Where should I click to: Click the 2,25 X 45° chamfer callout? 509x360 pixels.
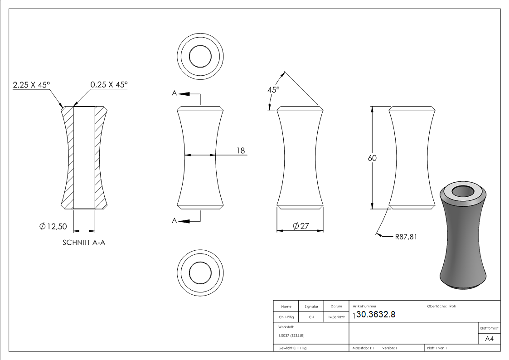point(31,85)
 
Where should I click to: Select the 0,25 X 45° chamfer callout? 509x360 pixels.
point(109,85)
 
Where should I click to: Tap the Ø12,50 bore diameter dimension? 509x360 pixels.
point(54,226)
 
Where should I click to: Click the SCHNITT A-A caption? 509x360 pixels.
point(84,243)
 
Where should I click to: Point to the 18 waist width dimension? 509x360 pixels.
point(240,150)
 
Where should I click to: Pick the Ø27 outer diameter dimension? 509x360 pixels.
point(300,226)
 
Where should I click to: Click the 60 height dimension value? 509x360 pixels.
point(372,158)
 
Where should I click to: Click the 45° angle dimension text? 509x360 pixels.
point(273,89)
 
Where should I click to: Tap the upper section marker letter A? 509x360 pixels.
point(175,93)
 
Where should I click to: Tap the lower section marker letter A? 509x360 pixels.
point(175,220)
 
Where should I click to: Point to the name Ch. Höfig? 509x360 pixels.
point(286,317)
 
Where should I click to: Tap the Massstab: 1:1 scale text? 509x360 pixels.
point(363,348)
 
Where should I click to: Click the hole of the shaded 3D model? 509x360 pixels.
point(464,191)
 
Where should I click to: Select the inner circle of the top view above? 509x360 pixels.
point(200,57)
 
